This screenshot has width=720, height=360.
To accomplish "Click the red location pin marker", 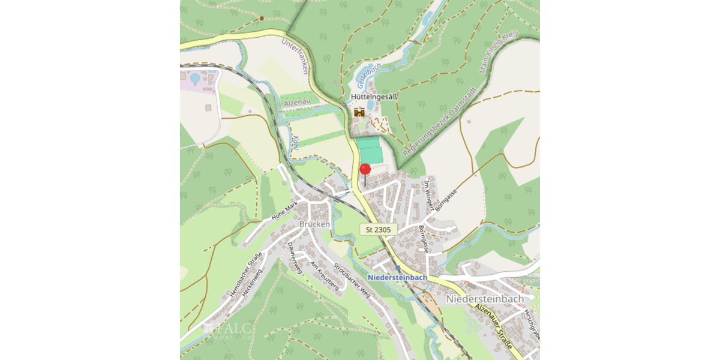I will click(365, 170).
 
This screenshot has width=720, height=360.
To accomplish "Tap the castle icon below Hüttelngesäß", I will click(359, 112).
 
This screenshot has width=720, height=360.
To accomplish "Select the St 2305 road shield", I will click(378, 229).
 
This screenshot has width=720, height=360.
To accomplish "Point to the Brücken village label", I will click(314, 224).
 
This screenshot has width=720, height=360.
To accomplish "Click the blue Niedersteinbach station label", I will click(397, 277).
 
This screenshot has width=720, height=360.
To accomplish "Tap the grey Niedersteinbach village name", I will click(485, 298).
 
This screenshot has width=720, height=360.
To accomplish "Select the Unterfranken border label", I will click(298, 56).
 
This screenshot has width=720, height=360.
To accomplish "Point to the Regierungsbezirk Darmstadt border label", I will click(440, 117).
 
